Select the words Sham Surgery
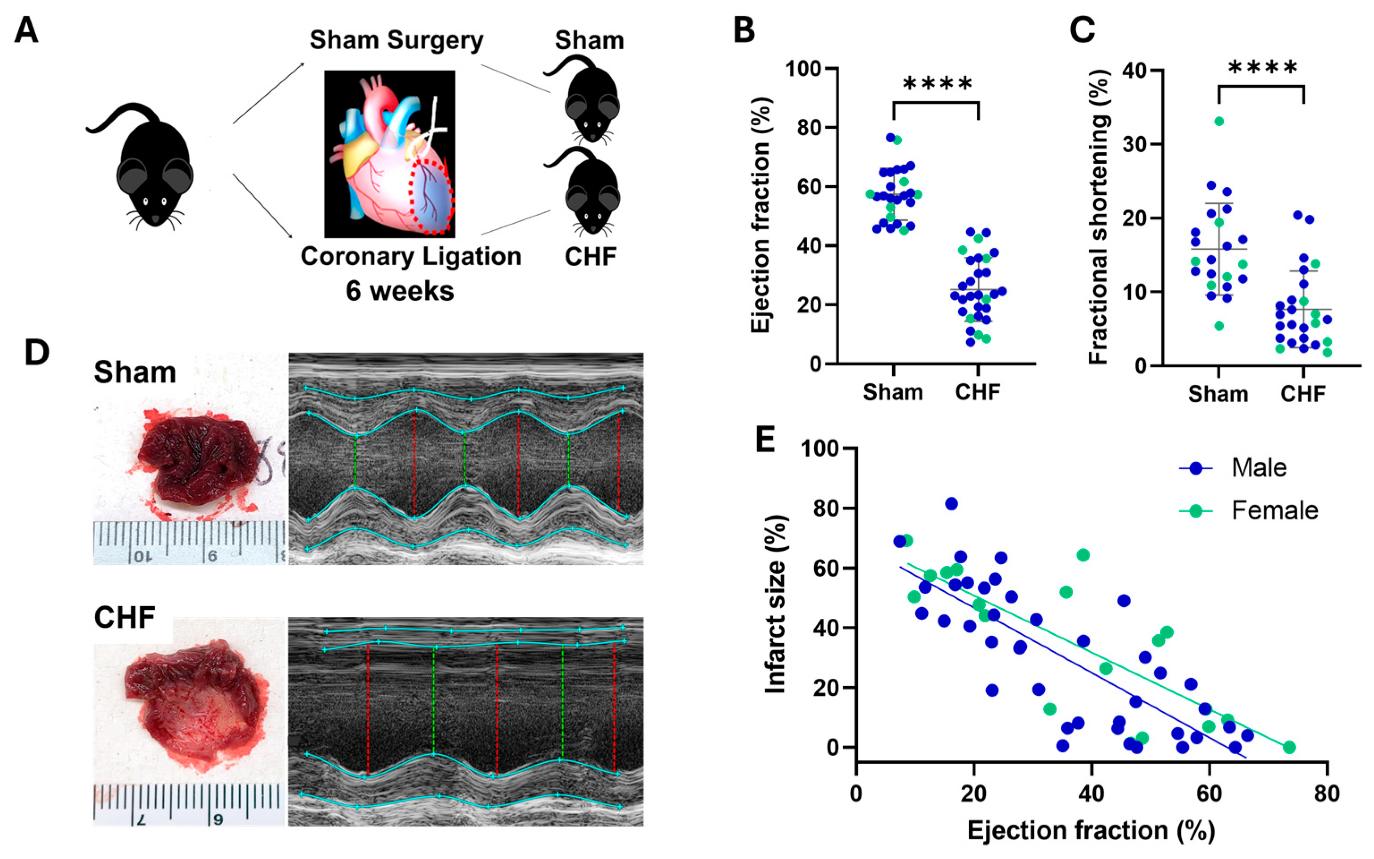point(396,41)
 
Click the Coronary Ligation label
point(410,256)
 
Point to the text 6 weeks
point(400,291)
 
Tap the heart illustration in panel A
point(389,153)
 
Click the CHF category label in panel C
point(1303,394)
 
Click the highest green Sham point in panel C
point(1219,121)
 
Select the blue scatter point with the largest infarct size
point(951,503)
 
